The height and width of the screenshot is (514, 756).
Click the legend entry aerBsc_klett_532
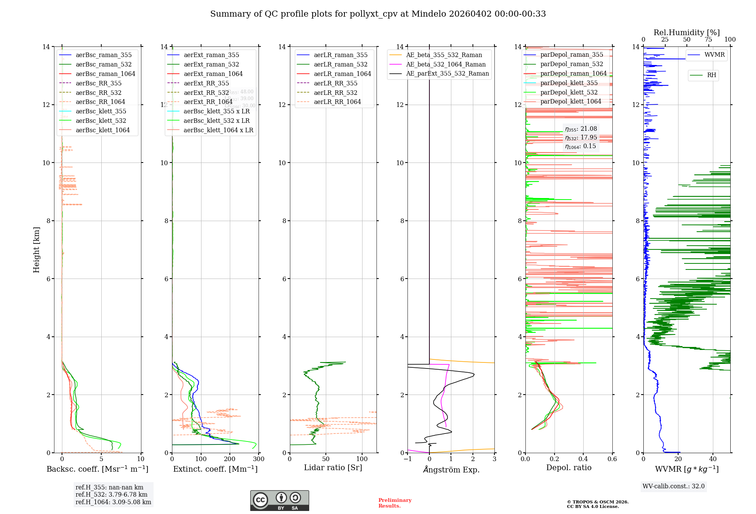tap(101, 121)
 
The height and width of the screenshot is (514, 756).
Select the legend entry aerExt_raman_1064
tap(213, 74)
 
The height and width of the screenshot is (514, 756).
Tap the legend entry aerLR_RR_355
tap(335, 83)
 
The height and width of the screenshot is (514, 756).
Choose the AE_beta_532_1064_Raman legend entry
tap(446, 64)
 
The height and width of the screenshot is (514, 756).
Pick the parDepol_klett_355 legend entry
tap(569, 83)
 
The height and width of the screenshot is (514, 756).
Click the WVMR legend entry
tap(714, 55)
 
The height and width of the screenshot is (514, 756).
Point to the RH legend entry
tap(711, 75)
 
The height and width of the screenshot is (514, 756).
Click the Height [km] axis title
tap(36, 250)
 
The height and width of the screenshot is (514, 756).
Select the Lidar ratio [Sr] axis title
tap(333, 468)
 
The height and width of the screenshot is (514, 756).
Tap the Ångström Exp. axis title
tap(451, 469)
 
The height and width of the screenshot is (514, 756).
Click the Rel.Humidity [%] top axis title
tap(686, 33)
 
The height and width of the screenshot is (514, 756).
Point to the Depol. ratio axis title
tap(569, 468)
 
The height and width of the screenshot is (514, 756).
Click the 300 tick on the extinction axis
tap(259, 459)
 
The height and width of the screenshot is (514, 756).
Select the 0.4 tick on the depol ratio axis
tap(583, 459)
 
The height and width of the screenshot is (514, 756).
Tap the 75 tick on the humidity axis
tap(708, 40)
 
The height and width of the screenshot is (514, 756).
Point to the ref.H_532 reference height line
tap(112, 495)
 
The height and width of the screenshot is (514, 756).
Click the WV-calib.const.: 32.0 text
tap(674, 486)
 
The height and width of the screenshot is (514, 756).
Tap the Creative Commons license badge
tap(279, 500)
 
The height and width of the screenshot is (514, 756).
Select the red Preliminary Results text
tap(395, 503)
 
